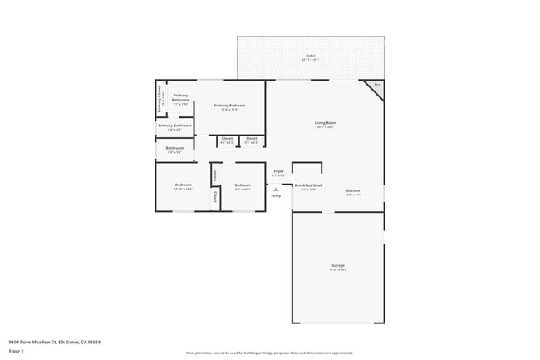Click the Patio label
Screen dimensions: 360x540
click(310, 57)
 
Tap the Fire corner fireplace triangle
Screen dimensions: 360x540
click(376, 86)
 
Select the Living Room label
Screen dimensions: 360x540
click(325, 122)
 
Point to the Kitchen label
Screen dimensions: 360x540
click(353, 190)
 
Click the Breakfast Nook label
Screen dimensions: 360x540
click(308, 185)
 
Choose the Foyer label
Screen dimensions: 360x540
click(278, 171)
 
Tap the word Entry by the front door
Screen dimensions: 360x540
click(276, 195)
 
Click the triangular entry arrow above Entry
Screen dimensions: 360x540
click(276, 189)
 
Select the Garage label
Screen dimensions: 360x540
click(337, 265)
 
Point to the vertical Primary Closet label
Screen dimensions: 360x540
click(160, 99)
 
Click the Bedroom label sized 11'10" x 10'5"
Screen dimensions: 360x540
click(183, 185)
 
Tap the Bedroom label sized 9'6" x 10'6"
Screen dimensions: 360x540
click(242, 185)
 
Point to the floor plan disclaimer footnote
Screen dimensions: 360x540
click(269, 353)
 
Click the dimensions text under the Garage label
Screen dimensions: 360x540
click(337, 269)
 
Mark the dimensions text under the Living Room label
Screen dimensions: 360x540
click(325, 127)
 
